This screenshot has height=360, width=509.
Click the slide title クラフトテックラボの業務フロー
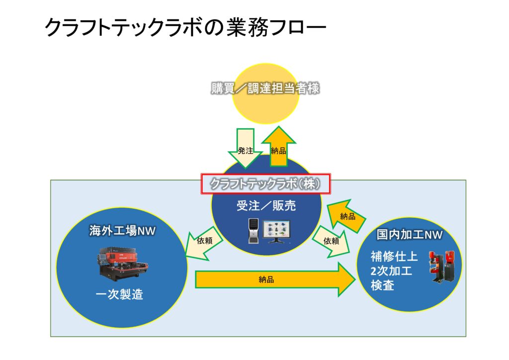tap(185, 28)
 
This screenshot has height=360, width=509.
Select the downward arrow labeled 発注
tap(246, 149)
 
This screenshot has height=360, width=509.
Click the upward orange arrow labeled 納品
tap(278, 147)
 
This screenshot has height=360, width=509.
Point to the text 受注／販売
tap(266, 206)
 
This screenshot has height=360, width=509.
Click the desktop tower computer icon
tap(254, 231)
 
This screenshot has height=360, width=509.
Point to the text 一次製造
tap(119, 294)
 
